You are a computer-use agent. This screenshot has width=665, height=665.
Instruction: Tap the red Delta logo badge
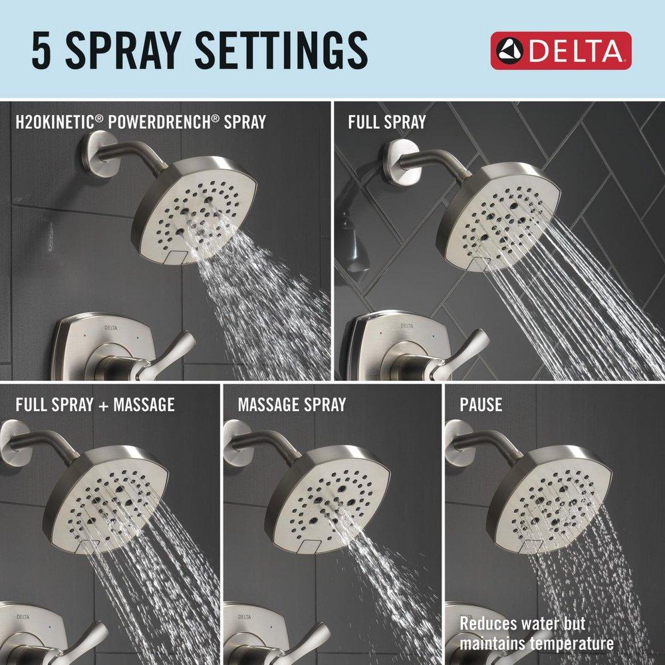(561, 51)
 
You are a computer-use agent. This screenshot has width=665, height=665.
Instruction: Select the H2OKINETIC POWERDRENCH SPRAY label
(141, 122)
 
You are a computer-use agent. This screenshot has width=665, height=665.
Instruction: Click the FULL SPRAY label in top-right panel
(387, 122)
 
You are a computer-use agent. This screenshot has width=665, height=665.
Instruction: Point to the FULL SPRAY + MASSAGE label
(95, 404)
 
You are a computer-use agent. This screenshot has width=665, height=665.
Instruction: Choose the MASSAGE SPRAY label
(292, 404)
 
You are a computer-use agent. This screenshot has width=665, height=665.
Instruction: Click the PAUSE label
(481, 404)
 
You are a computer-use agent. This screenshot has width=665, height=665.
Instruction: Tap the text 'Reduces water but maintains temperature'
(536, 634)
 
